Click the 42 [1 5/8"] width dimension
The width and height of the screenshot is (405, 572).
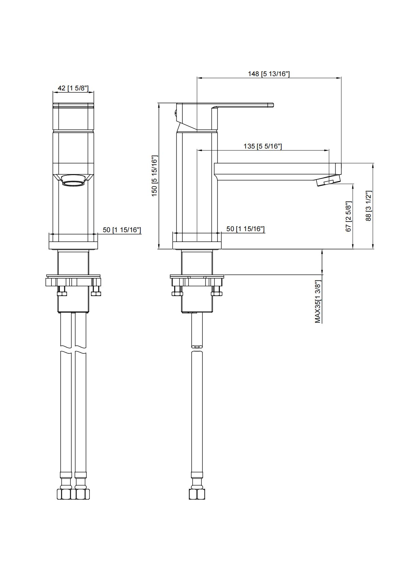point(73,88)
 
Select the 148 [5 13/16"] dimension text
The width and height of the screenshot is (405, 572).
point(269,74)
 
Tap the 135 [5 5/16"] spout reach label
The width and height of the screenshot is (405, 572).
point(263,146)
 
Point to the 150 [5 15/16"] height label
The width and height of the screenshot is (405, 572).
point(155,176)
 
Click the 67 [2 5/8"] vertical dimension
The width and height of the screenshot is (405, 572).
point(348,216)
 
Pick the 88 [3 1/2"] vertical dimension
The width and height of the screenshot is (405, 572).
point(369,206)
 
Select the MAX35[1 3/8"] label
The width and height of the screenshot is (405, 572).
point(318,302)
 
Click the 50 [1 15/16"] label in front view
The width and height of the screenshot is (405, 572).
point(121,230)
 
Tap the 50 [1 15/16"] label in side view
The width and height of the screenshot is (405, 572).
point(245,229)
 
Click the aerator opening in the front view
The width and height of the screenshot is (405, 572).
point(73,184)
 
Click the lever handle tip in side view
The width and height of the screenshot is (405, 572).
point(271,105)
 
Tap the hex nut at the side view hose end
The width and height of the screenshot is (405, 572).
point(197,493)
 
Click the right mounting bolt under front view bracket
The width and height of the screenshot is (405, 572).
point(96,291)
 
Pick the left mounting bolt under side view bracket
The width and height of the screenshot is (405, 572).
point(177,291)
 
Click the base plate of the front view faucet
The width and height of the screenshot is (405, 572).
point(73,245)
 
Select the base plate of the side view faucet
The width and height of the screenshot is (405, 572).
point(197,245)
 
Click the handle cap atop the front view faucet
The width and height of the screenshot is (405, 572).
point(73,105)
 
